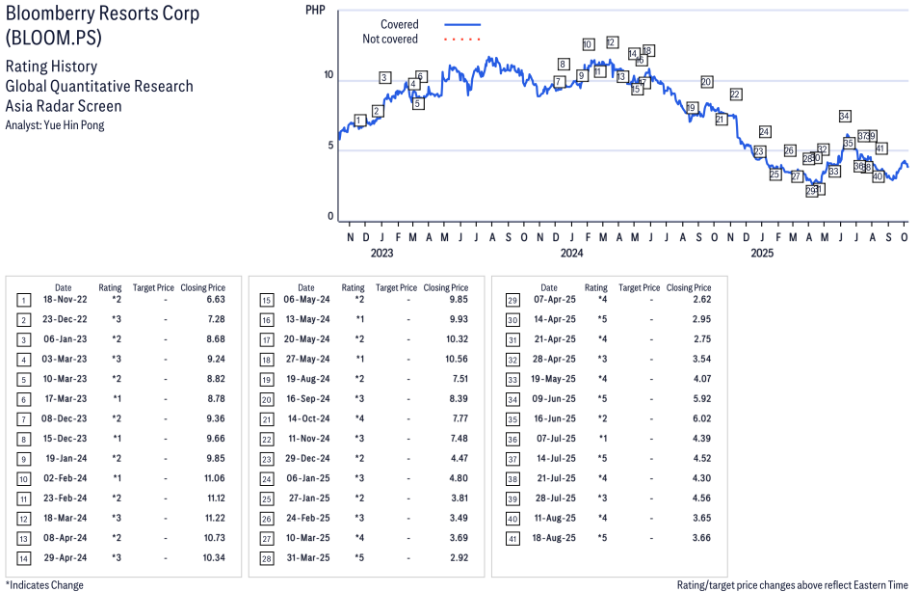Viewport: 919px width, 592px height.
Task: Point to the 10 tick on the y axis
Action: point(328,75)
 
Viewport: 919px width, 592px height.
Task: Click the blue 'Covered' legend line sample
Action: point(462,24)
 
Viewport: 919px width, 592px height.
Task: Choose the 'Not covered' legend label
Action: point(389,40)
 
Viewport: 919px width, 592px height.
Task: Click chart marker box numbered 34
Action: point(845,116)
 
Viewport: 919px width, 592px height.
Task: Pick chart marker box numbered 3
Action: point(384,77)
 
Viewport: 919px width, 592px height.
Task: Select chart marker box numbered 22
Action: point(735,94)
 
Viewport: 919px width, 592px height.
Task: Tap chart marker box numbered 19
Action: point(692,108)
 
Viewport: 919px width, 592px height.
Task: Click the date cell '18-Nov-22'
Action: point(63,300)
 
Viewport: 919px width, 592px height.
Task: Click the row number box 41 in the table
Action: point(512,537)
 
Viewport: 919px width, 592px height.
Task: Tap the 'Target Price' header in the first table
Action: point(153,287)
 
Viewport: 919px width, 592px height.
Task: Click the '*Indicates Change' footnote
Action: point(44,584)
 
